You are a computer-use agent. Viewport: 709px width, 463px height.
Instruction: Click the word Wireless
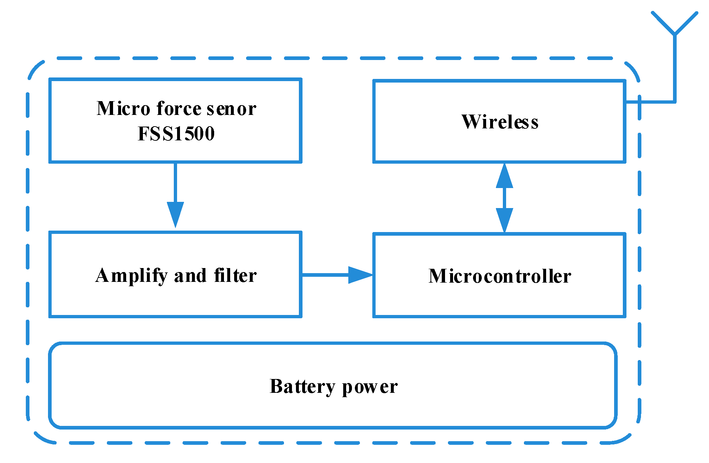pos(500,122)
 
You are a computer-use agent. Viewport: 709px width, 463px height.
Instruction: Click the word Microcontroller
pos(500,276)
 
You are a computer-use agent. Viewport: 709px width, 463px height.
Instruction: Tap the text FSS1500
pos(176,133)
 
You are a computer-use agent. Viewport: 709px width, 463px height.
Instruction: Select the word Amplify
pos(131,276)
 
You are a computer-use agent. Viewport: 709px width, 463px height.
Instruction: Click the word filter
pos(235,275)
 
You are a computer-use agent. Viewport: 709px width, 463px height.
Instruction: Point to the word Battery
pos(302,387)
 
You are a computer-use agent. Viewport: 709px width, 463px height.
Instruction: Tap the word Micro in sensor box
pos(123,108)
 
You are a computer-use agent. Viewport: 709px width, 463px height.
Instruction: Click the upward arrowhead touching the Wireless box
pos(504,177)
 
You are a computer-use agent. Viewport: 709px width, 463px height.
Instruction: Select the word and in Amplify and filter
pos(190,276)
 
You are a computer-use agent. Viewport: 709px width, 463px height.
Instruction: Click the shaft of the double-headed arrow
pos(504,198)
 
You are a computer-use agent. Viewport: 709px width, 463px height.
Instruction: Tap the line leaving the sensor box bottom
pos(175,182)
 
